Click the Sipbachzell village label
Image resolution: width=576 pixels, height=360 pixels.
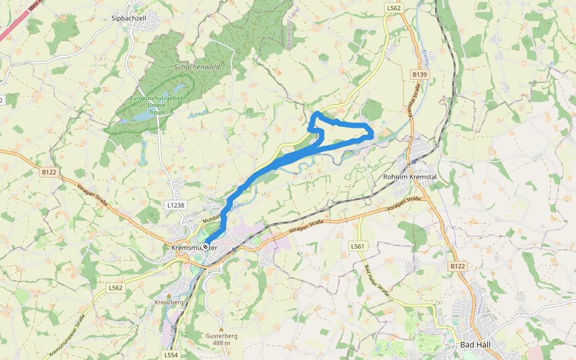pos(129,19)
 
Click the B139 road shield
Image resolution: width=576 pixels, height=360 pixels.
pos(419,74)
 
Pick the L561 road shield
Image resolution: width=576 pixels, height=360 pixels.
pos(358,246)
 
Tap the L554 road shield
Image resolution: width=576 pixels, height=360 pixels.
pos(171,355)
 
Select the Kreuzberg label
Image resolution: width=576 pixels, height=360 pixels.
pos(169,302)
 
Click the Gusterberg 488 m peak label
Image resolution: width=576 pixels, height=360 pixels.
pos(221,339)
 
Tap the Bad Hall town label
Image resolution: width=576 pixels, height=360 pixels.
pos(475,345)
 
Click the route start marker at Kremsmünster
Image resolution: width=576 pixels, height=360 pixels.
pos(205,247)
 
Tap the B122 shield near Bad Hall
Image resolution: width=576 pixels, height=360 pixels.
pos(457,265)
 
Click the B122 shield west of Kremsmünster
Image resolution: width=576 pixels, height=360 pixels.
pos(49,172)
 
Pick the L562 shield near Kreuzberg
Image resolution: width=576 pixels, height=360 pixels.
pos(115,288)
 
